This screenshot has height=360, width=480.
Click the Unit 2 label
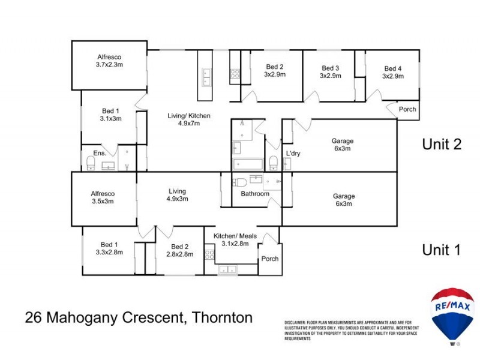441,145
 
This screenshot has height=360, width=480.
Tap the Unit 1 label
441,250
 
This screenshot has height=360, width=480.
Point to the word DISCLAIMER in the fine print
298,323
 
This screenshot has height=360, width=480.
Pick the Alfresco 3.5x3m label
102,197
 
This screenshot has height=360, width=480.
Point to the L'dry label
293,154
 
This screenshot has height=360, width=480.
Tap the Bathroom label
255,194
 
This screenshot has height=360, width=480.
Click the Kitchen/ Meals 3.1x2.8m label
235,239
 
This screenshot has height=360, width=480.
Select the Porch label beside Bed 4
407,109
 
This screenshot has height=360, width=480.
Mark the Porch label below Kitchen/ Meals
269,260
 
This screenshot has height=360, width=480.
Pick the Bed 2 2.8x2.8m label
180,250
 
